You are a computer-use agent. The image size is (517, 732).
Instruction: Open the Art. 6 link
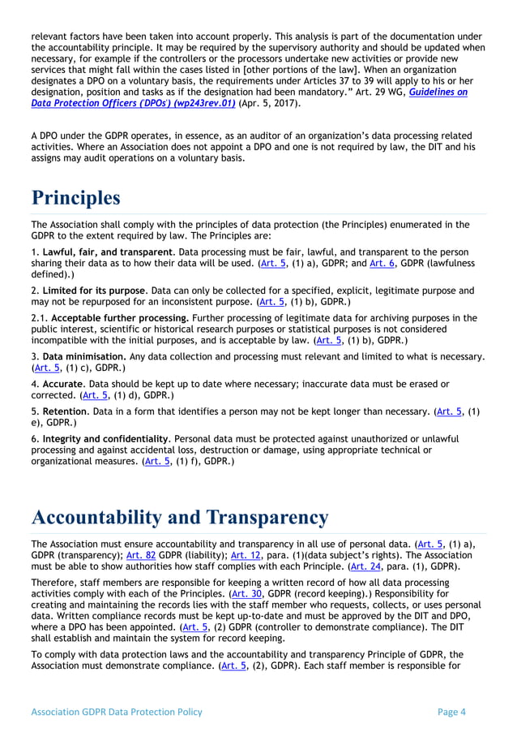[378, 264]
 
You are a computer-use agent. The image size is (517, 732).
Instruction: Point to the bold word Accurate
[62, 384]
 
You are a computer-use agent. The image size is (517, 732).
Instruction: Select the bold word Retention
[65, 412]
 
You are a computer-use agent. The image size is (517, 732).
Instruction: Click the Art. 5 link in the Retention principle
[447, 412]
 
